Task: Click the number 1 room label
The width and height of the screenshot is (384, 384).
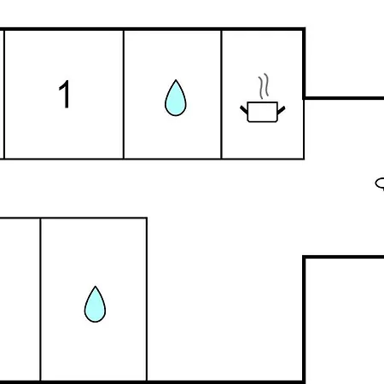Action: [x=65, y=94]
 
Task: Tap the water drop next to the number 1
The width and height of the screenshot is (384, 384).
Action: [x=176, y=98]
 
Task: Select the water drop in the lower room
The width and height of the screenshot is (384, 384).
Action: [x=95, y=304]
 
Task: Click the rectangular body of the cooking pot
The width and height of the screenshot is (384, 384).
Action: [x=262, y=112]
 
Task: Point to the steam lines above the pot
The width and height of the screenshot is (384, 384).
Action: [x=264, y=86]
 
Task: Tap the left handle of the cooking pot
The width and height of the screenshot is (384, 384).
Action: [x=244, y=109]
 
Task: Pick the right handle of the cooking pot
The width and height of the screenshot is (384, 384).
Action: [x=281, y=110]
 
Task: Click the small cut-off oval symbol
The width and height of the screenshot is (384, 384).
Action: [x=380, y=183]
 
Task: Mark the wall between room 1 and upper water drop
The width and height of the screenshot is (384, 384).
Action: [x=124, y=94]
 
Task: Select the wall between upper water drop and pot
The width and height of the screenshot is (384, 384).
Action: [x=221, y=94]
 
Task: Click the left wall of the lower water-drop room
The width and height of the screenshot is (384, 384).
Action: [x=40, y=299]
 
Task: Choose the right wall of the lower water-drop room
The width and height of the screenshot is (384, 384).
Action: [x=147, y=299]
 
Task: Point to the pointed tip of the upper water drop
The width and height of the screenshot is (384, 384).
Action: [x=176, y=80]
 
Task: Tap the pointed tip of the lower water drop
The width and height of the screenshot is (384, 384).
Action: [x=96, y=286]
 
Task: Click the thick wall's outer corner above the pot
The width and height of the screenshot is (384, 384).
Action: [x=304, y=29]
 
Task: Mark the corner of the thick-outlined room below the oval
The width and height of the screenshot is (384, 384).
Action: [x=304, y=257]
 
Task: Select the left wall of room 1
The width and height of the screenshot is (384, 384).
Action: [x=4, y=94]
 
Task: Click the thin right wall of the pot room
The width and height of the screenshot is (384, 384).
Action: [x=304, y=129]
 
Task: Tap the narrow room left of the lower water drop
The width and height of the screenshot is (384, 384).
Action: [x=20, y=299]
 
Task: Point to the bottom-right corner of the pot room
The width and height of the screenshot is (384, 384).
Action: [x=304, y=159]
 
